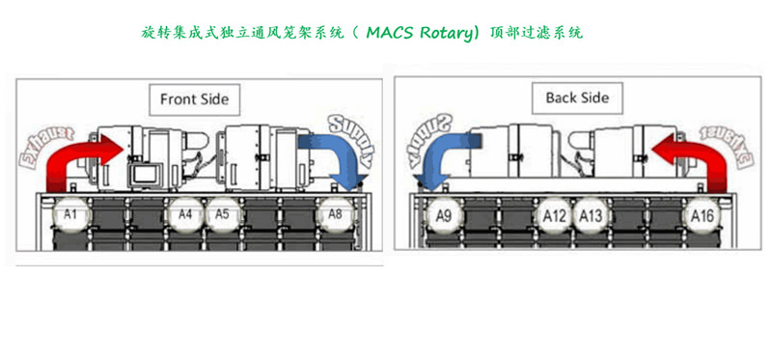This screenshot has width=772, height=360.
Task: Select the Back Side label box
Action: [x=577, y=97]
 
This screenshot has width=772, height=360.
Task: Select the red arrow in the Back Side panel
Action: [x=699, y=159]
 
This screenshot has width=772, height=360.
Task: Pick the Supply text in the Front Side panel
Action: [x=353, y=135]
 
